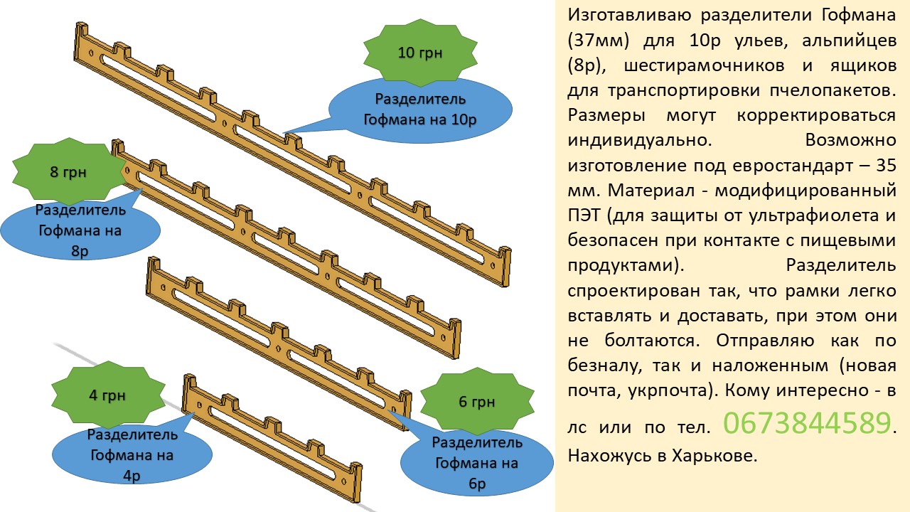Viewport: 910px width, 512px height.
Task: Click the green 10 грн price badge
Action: point(420,53)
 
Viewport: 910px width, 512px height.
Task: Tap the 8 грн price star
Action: point(68,171)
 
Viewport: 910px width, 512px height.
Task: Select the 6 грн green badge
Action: point(477,402)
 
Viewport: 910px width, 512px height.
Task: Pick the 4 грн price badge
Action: point(107,395)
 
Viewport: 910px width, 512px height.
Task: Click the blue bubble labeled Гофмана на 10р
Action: point(420,110)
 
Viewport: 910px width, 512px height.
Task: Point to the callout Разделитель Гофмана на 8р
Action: point(80,230)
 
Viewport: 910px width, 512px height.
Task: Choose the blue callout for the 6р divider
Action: point(477,462)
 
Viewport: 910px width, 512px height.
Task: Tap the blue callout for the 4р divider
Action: point(132,455)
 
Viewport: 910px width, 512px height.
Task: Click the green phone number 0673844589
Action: point(807,423)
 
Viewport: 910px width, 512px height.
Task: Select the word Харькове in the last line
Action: point(714,456)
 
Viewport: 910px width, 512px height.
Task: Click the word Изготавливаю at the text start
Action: point(629,16)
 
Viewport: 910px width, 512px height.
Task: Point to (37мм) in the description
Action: point(598,41)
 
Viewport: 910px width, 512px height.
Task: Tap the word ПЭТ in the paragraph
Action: point(584,215)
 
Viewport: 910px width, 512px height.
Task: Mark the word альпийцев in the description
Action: point(849,41)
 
